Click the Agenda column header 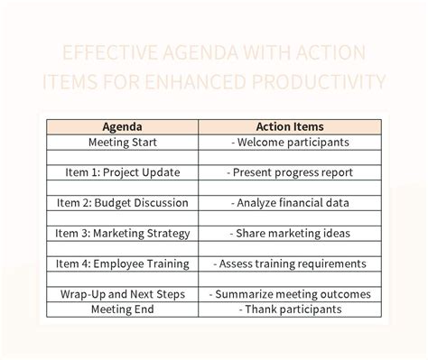[123, 127]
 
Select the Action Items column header [290, 127]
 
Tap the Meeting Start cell [123, 143]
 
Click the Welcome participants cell [290, 143]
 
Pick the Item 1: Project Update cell [123, 172]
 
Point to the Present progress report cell [290, 172]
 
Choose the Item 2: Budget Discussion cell [123, 203]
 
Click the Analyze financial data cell [290, 203]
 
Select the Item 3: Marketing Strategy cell [123, 234]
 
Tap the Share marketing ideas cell [290, 234]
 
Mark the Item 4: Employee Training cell [123, 264]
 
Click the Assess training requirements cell [290, 264]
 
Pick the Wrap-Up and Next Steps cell [123, 295]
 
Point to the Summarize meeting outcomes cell [290, 295]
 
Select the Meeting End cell [123, 309]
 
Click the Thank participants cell [290, 309]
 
